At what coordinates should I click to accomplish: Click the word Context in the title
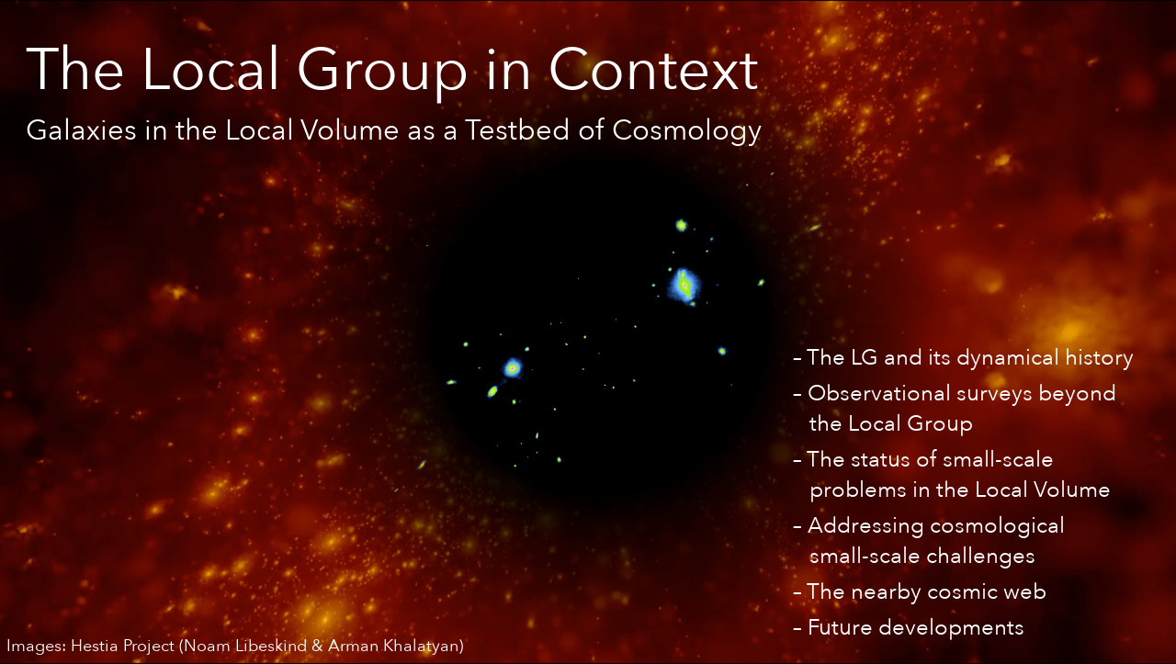[653, 70]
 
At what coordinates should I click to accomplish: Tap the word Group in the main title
[381, 73]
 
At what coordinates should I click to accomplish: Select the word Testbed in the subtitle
[517, 129]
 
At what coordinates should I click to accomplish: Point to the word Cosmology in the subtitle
[686, 131]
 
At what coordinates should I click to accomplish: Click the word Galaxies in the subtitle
[82, 130]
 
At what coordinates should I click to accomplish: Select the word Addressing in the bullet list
[865, 527]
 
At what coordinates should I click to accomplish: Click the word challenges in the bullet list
[978, 557]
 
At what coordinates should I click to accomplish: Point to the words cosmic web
[987, 592]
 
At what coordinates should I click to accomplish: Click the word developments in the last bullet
[951, 629]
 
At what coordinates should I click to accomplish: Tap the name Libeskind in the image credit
[271, 646]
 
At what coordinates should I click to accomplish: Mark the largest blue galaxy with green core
[684, 285]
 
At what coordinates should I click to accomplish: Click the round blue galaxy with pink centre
[513, 368]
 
